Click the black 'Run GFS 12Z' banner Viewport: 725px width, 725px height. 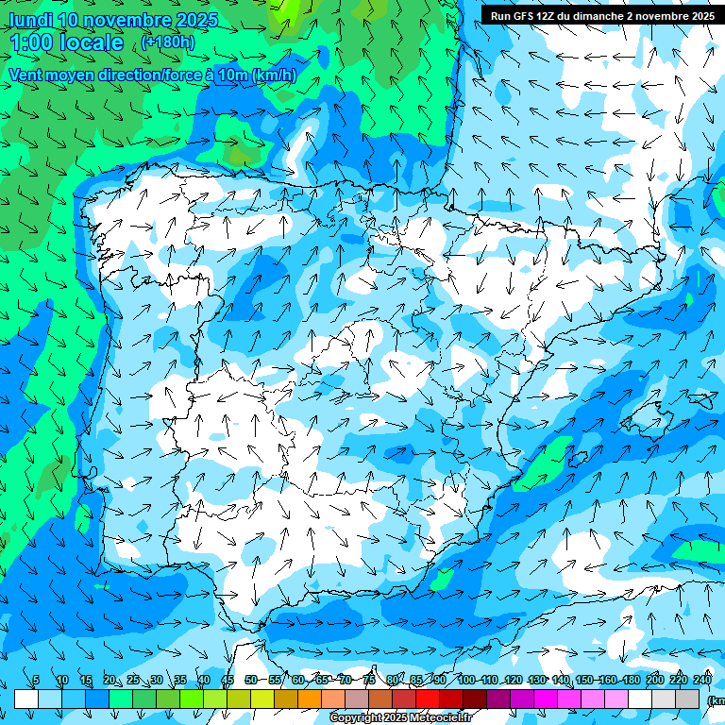coord(601,15)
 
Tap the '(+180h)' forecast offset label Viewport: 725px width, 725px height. coord(168,42)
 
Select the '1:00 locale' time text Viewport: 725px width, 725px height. coord(66,42)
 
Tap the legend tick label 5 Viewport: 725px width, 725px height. coord(36,680)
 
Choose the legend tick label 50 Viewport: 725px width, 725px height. coord(250,680)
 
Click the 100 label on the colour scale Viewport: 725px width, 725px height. coord(465,680)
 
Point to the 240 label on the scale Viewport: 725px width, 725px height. coord(701,680)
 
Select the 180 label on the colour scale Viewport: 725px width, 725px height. coord(631,680)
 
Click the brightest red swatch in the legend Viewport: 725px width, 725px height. coord(428,699)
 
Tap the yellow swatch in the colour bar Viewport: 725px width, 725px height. coord(262,699)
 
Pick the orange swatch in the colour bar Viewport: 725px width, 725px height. coord(310,699)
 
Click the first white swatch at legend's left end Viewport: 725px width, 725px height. coord(26,699)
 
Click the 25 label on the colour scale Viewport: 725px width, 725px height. coord(132,680)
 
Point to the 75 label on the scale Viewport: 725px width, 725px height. coord(369,680)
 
